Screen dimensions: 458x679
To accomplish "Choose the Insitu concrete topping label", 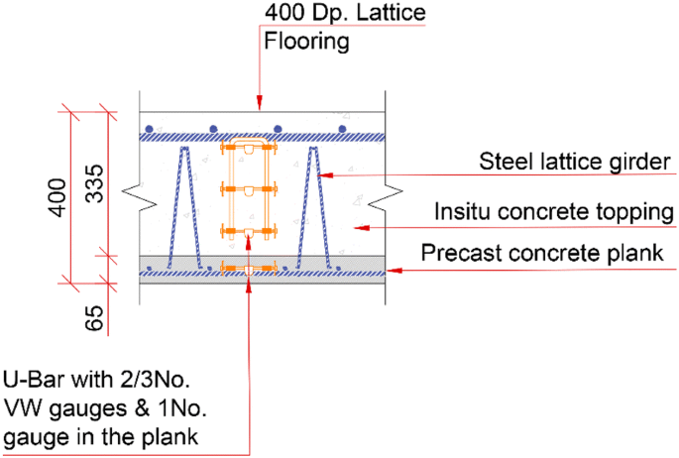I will (555, 212).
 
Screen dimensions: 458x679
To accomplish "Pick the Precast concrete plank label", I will (541, 254).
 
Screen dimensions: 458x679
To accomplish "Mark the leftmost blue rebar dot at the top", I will (149, 129).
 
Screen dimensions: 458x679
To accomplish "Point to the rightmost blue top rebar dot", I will (342, 129).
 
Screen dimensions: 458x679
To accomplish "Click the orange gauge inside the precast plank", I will (247, 268).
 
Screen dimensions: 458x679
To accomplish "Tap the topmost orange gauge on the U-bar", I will (247, 149).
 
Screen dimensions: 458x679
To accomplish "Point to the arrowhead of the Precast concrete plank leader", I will (390, 269).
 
